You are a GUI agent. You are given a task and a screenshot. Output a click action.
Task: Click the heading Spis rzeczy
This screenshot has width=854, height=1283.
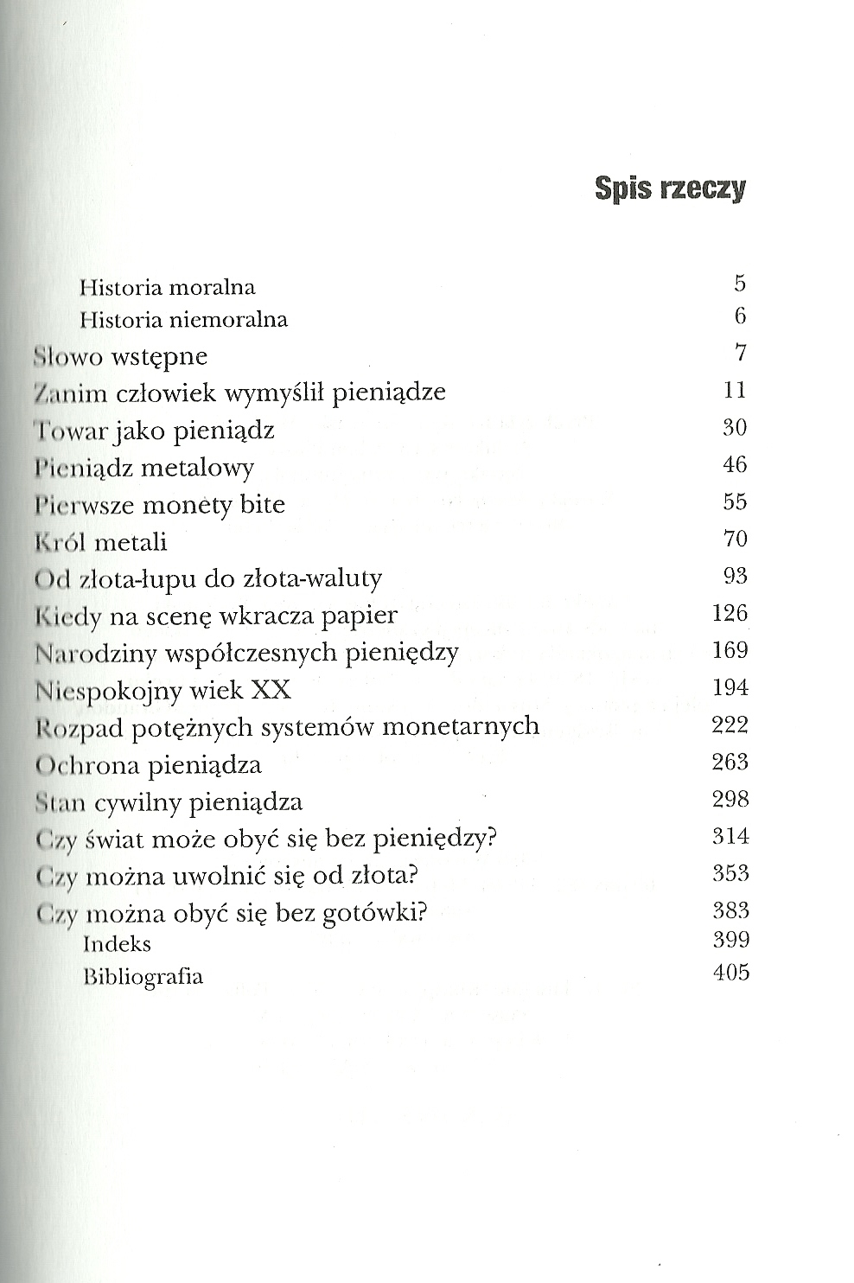point(670,188)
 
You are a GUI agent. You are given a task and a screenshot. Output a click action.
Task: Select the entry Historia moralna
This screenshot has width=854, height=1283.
point(167,287)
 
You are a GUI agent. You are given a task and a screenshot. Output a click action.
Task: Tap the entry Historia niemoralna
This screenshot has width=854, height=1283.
point(183,320)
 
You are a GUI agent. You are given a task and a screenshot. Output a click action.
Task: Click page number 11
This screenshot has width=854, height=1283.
point(734,390)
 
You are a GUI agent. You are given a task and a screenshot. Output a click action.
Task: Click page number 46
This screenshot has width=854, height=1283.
point(734,464)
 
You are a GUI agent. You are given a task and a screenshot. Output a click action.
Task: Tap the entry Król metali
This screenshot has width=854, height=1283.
point(100,542)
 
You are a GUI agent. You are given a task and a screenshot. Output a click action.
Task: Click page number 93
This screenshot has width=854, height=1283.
point(734,576)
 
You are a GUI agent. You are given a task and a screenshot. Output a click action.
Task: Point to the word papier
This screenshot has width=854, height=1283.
point(357,616)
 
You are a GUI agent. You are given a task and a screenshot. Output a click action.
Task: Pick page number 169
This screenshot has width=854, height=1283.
point(730,650)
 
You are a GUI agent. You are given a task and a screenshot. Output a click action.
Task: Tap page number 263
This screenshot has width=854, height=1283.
point(730,762)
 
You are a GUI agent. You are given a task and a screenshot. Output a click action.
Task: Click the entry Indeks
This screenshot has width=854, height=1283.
point(117,944)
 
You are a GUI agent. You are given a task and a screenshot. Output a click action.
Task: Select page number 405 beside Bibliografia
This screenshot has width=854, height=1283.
point(730,973)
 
